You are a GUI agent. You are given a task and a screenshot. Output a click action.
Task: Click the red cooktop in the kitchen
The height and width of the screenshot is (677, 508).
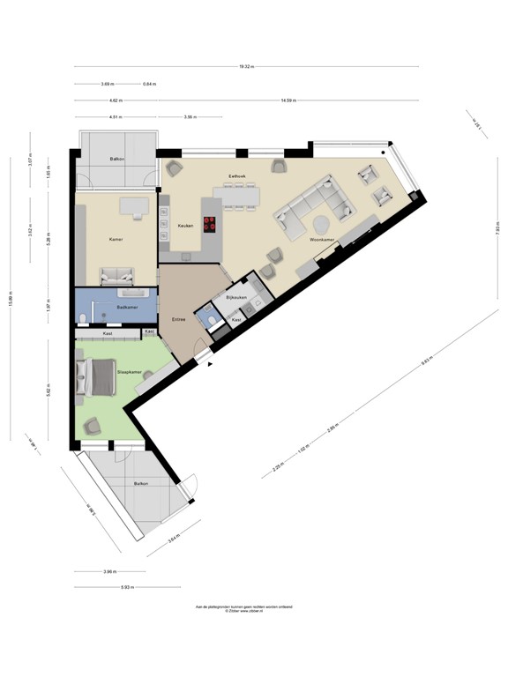click(x=211, y=225)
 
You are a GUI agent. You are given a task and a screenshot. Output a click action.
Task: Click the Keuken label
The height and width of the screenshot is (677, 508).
click(x=185, y=226)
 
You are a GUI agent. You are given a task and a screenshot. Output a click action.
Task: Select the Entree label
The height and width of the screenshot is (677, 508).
click(x=177, y=320)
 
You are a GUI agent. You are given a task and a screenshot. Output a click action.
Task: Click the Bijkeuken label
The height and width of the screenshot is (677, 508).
click(x=234, y=299)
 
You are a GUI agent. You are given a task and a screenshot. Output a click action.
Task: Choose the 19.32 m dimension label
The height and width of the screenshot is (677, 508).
click(x=246, y=66)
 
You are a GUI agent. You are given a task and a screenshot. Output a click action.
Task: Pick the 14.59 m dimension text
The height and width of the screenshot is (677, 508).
click(x=288, y=100)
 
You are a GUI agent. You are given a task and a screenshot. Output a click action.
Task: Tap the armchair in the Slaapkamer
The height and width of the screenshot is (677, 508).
click(x=92, y=427)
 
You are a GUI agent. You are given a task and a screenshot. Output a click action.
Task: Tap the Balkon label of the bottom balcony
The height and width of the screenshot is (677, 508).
click(x=140, y=484)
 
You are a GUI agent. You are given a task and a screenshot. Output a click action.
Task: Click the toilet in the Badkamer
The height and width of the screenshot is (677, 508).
click(x=81, y=317)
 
